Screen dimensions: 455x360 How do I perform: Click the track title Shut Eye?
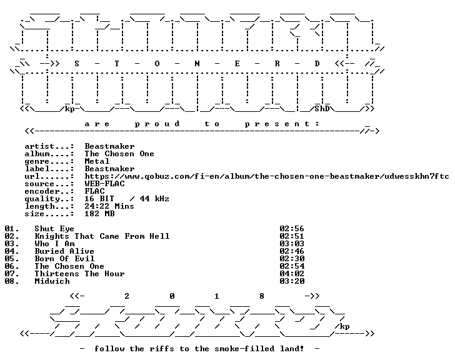point(54,229)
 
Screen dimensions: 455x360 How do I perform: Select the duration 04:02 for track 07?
point(292,274)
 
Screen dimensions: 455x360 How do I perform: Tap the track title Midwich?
point(52,281)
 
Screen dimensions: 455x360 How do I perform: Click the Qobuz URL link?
point(267,176)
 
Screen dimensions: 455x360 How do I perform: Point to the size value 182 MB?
point(99,214)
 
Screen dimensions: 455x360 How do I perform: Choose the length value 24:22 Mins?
point(109,206)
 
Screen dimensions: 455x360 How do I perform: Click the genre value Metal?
point(97,161)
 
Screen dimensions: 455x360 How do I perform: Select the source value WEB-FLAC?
point(104,184)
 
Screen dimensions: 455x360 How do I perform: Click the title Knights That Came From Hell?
point(102,236)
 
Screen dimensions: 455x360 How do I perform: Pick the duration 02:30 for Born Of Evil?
point(292,259)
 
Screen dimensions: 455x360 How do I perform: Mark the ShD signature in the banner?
point(322,109)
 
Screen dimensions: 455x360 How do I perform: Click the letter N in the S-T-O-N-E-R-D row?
point(197,64)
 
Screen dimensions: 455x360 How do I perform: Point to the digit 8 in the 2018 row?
point(262,296)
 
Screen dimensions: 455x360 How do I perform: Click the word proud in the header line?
point(157,124)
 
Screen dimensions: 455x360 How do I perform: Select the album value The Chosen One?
point(119,154)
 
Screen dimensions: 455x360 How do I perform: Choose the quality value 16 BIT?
point(99,199)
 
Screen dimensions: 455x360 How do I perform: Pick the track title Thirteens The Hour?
point(79,274)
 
